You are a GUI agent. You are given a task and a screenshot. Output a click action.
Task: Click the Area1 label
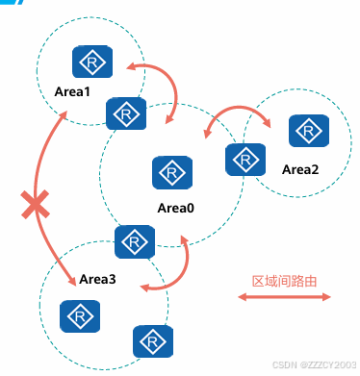(x=72, y=91)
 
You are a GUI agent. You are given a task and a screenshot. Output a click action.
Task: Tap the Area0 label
(x=175, y=208)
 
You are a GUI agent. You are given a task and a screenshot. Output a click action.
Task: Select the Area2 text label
(x=300, y=169)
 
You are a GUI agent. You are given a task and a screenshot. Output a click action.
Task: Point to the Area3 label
(x=97, y=279)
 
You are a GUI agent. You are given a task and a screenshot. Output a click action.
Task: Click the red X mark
(x=36, y=205)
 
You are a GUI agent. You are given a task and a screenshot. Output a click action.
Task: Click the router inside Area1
(x=92, y=62)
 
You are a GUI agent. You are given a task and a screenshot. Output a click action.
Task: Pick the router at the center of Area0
(x=172, y=173)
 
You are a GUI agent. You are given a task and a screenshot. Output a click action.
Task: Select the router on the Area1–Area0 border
(x=126, y=113)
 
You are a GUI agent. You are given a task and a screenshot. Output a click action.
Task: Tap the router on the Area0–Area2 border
(x=245, y=160)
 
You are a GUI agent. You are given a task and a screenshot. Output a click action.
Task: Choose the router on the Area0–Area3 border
(x=135, y=241)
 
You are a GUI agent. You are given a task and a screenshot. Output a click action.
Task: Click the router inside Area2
(x=309, y=131)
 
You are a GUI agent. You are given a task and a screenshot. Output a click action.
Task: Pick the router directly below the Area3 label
(x=80, y=316)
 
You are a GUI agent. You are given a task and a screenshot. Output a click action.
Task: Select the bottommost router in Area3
(x=153, y=341)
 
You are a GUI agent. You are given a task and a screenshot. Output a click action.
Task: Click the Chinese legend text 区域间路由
(x=284, y=281)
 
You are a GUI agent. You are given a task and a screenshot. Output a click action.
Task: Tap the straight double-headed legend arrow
(x=284, y=297)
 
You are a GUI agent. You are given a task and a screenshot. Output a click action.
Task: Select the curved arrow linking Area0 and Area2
(x=238, y=108)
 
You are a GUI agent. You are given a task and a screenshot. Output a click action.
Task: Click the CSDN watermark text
(x=314, y=364)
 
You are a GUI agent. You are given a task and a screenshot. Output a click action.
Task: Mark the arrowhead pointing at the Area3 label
(x=72, y=280)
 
